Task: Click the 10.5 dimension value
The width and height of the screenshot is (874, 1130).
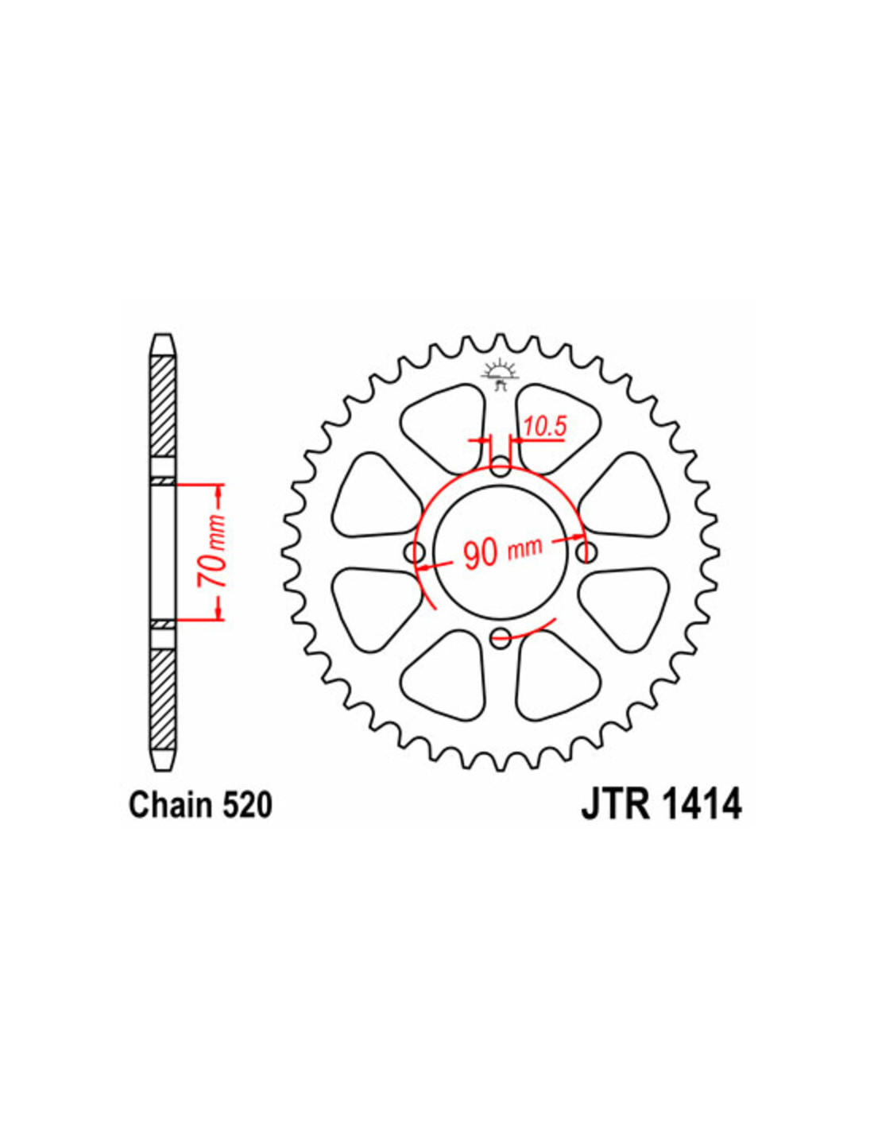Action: [x=544, y=427]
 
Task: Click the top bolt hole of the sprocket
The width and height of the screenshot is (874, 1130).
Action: [x=501, y=466]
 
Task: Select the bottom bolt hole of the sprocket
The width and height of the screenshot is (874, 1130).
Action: [x=501, y=637]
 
